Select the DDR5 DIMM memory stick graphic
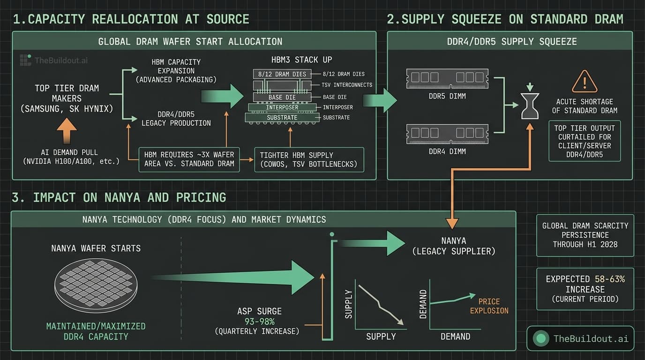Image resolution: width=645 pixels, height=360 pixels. [447, 79]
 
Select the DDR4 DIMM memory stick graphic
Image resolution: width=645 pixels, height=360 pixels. [447, 134]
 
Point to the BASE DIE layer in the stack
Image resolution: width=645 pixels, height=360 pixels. [282, 97]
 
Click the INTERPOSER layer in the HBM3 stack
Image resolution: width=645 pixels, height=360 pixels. [282, 107]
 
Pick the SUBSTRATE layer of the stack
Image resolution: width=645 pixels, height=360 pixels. [282, 117]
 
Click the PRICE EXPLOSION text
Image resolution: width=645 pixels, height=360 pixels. [489, 306]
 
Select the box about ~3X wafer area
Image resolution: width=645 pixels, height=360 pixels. [189, 159]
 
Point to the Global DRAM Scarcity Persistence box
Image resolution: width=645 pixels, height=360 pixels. [585, 235]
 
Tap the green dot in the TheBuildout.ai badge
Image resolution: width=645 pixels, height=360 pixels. [541, 338]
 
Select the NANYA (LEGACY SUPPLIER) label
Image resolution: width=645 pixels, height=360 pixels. [453, 247]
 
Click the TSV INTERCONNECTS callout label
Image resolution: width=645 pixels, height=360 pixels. [347, 85]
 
